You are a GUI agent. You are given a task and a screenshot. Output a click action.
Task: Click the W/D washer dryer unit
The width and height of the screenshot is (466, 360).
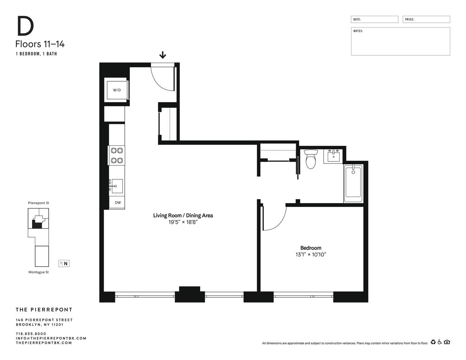117,90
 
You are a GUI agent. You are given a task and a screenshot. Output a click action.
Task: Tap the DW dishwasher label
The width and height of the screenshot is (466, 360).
118,203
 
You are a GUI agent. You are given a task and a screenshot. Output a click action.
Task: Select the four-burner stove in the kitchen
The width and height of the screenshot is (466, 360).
117,156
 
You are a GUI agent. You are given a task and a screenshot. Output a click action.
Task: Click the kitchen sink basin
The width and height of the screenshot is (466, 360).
117,186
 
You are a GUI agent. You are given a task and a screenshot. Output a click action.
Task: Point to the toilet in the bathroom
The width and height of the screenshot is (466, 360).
310,159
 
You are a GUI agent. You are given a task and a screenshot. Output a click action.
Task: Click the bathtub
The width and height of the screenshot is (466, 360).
353,183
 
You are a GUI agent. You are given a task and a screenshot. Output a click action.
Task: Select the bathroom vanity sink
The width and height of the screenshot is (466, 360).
333,156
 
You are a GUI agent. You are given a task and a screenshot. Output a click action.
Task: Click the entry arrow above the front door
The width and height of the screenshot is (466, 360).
163,55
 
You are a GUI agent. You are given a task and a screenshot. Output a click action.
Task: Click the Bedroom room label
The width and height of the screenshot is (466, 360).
310,248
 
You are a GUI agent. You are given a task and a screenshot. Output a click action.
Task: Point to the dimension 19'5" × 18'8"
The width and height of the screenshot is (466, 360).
183,222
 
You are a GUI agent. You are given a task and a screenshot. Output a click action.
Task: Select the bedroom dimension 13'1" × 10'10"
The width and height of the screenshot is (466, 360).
310,255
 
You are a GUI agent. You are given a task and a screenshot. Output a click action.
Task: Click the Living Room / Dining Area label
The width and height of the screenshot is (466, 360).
183,215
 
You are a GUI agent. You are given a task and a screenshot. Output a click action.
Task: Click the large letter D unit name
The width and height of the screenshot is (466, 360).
25,26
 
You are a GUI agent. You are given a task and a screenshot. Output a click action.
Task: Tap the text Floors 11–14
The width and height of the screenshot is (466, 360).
40,44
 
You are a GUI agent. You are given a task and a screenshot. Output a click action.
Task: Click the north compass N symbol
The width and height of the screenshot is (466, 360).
64,264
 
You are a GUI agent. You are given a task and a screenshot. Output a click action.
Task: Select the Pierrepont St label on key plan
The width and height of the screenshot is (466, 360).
39,203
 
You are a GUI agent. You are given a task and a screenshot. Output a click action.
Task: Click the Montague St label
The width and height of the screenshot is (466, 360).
39,272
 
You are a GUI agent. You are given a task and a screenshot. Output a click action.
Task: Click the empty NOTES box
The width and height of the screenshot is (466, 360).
400,42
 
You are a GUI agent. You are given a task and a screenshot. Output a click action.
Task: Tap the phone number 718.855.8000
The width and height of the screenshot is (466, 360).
31,334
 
